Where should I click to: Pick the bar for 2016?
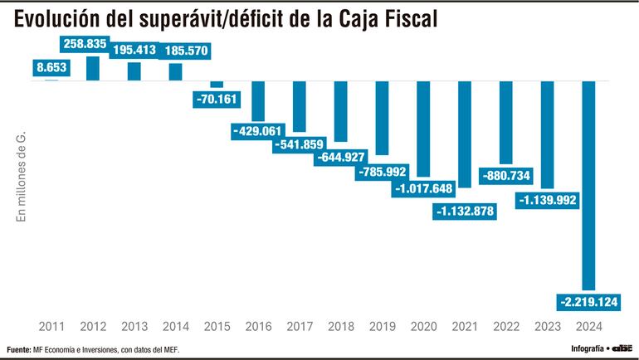258,100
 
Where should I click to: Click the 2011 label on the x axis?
51,326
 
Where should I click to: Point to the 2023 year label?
547,326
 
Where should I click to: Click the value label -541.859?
300,144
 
